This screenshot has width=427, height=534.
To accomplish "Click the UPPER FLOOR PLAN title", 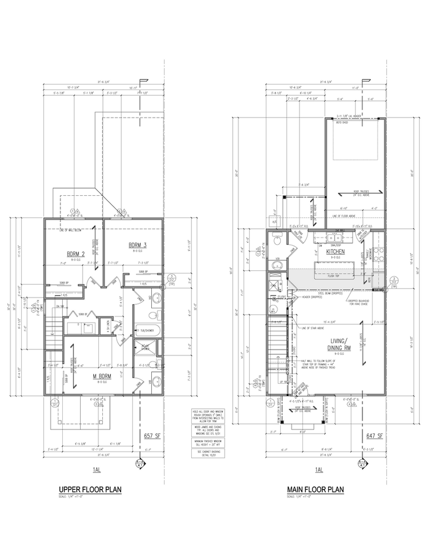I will point(90,489).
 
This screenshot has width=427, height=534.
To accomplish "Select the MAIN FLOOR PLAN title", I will point(315,489).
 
